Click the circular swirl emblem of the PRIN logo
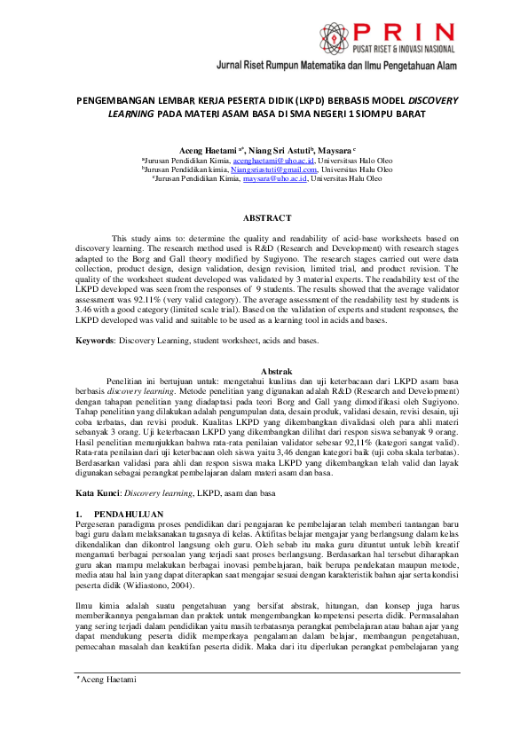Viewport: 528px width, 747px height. tap(327, 35)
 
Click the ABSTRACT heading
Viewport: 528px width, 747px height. tap(267, 218)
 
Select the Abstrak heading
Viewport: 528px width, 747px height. tap(267, 370)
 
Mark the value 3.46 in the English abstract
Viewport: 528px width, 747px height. tap(86, 308)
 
